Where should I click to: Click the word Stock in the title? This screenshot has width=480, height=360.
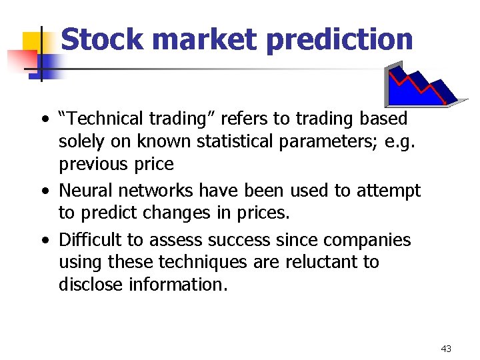[101, 39]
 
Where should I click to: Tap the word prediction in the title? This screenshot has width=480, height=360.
[339, 39]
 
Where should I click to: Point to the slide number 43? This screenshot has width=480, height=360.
[446, 349]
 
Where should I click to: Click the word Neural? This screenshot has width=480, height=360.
[85, 191]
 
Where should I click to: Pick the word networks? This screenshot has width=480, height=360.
[153, 191]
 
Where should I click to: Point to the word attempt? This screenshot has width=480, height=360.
[388, 191]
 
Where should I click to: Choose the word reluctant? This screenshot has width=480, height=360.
[316, 262]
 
